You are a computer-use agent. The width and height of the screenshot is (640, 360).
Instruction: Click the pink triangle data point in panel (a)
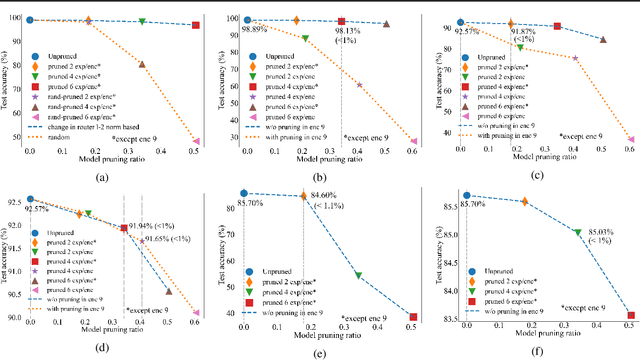(196, 141)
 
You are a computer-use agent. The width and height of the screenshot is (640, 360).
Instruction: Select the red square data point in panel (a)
(196, 25)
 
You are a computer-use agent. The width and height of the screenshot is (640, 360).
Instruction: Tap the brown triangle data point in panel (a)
(141, 65)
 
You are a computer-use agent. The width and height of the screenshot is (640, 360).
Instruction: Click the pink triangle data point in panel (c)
(631, 140)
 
